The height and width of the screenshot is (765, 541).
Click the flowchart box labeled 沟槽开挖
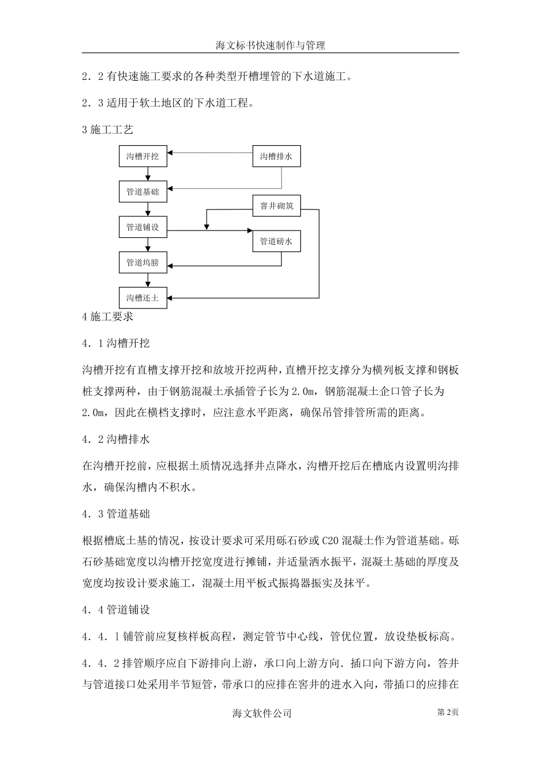(x=143, y=156)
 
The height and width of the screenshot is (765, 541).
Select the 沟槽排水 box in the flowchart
(x=276, y=156)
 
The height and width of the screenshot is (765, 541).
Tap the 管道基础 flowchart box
(x=143, y=192)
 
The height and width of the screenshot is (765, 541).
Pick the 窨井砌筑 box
(x=276, y=206)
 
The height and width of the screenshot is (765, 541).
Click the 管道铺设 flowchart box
(x=143, y=227)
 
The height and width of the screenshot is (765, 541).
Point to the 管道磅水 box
(x=276, y=241)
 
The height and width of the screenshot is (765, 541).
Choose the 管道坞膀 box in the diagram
(x=143, y=263)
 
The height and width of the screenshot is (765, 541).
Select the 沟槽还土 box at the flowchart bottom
(x=143, y=298)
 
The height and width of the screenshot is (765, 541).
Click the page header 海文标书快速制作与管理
(x=270, y=45)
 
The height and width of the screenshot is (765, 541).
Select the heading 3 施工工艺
(x=108, y=130)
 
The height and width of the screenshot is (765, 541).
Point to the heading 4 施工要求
(x=108, y=317)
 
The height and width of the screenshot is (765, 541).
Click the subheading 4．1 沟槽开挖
(x=116, y=343)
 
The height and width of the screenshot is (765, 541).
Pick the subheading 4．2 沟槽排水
(x=116, y=439)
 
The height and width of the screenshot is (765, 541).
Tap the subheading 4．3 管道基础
(x=116, y=514)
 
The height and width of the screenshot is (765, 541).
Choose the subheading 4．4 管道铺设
(x=116, y=610)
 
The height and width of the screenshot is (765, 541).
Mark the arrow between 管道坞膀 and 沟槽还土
(x=147, y=280)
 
